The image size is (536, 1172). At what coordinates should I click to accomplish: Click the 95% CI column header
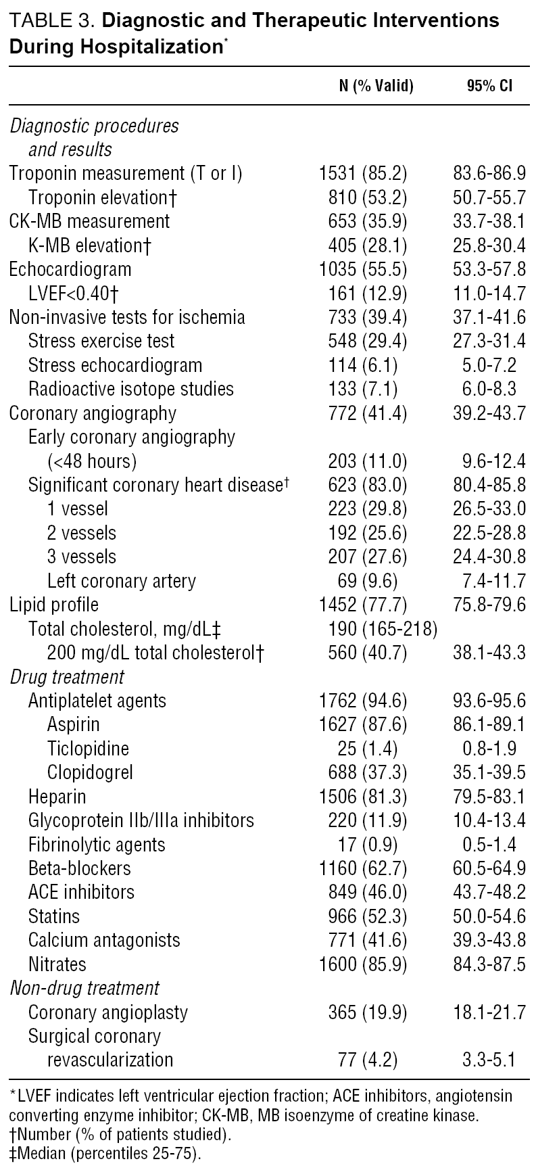tap(489, 86)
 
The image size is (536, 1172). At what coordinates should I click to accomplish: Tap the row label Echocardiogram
tap(70, 269)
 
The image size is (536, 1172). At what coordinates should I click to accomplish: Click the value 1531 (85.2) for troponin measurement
tap(363, 173)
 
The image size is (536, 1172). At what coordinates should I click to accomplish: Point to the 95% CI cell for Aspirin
tap(489, 724)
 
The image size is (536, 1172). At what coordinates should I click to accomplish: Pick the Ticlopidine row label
tap(88, 749)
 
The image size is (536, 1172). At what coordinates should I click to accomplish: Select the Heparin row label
tap(57, 797)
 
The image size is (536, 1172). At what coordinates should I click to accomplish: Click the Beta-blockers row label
tap(80, 868)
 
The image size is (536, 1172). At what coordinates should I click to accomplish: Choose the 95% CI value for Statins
tap(489, 916)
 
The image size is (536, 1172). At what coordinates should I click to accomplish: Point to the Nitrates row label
tap(57, 964)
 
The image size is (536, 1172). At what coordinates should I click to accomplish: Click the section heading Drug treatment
tap(67, 677)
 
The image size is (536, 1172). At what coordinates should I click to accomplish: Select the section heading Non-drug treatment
tap(84, 988)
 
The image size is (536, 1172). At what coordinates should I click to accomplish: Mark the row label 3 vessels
tap(82, 557)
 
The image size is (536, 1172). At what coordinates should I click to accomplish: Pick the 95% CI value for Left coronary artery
tap(489, 581)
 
